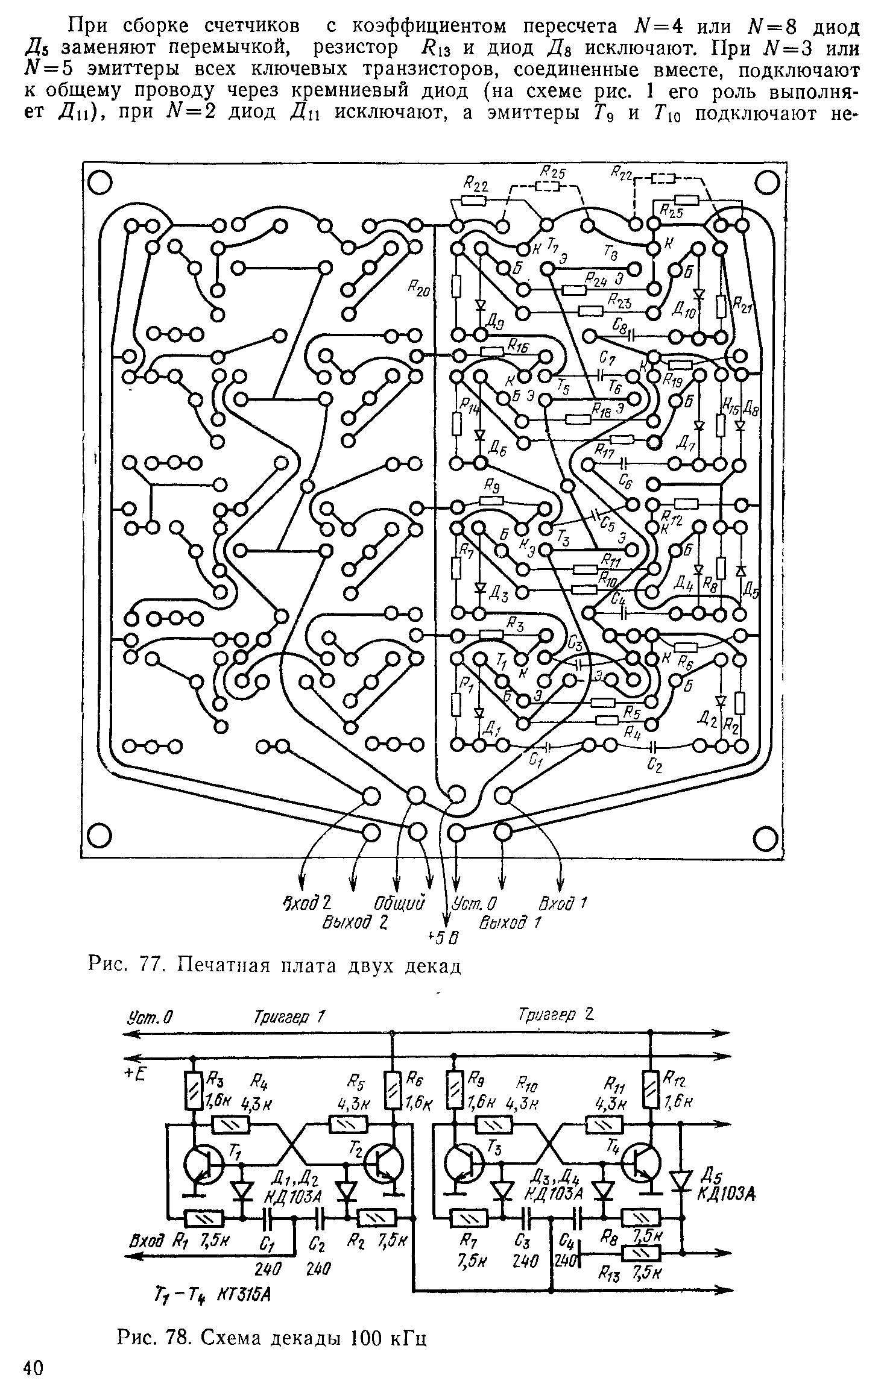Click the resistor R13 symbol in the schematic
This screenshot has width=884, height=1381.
[641, 1254]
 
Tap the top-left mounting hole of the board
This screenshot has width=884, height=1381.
[100, 183]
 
